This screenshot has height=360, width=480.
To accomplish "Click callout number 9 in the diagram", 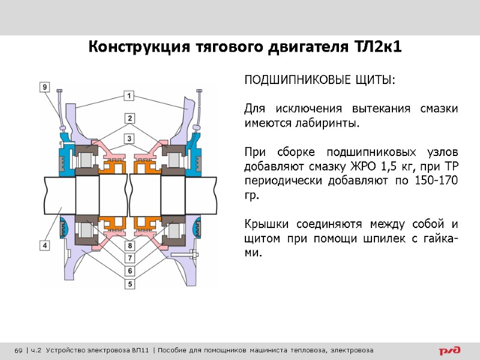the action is coord(44,87).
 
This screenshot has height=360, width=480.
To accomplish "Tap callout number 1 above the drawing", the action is coord(129,95).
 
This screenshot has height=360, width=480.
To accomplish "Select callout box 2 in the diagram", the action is coord(129,117).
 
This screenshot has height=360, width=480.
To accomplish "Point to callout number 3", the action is coord(129,139).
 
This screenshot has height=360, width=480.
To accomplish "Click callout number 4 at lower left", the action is coord(44,245).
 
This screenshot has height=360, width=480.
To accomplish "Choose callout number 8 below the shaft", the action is coord(130,245).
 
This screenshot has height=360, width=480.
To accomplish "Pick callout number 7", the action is coord(130,258).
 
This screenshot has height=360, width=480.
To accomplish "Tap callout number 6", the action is coord(130,271).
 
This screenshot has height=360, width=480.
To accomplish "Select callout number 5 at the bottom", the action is coord(130,283).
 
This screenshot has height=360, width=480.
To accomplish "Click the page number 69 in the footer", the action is coord(18,350).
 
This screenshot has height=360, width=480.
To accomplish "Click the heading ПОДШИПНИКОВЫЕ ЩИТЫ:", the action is coord(319,80).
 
